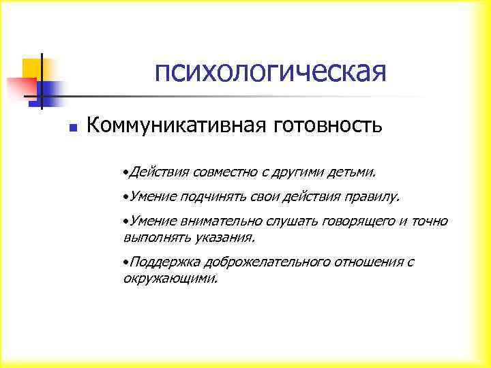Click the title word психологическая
270,72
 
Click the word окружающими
170,278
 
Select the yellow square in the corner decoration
32,67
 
